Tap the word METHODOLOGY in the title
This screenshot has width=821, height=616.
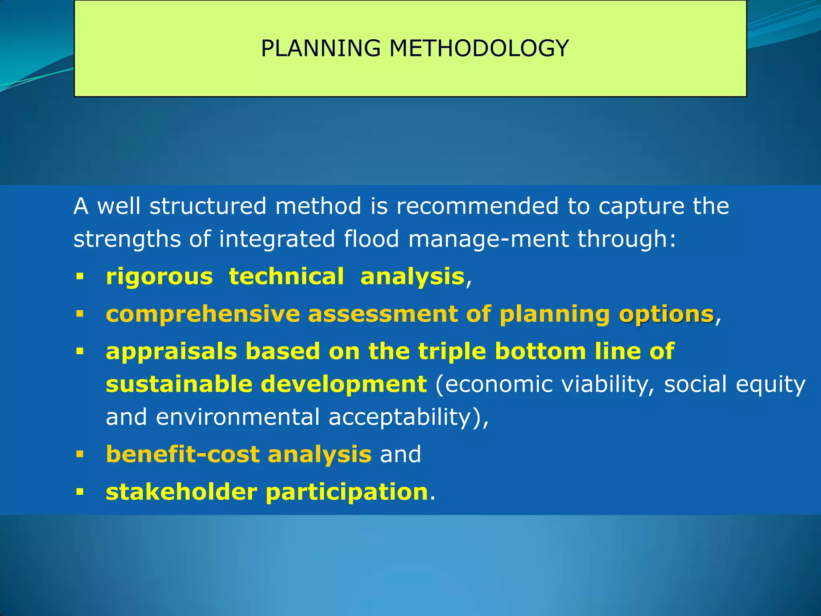coord(479,49)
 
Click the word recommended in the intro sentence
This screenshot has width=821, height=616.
coord(477,206)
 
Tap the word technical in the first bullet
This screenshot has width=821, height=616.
coord(286,277)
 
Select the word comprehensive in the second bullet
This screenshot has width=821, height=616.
coord(203,314)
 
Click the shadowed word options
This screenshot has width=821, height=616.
coord(667,314)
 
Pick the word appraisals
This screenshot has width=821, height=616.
coord(172,352)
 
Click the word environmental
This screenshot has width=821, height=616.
coord(238,417)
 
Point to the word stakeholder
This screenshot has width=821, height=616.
coord(181,492)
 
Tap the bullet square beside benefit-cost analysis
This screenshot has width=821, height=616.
coord(80,454)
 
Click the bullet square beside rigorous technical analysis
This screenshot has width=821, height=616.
coord(80,276)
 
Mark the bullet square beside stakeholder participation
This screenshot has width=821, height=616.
coord(80,492)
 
